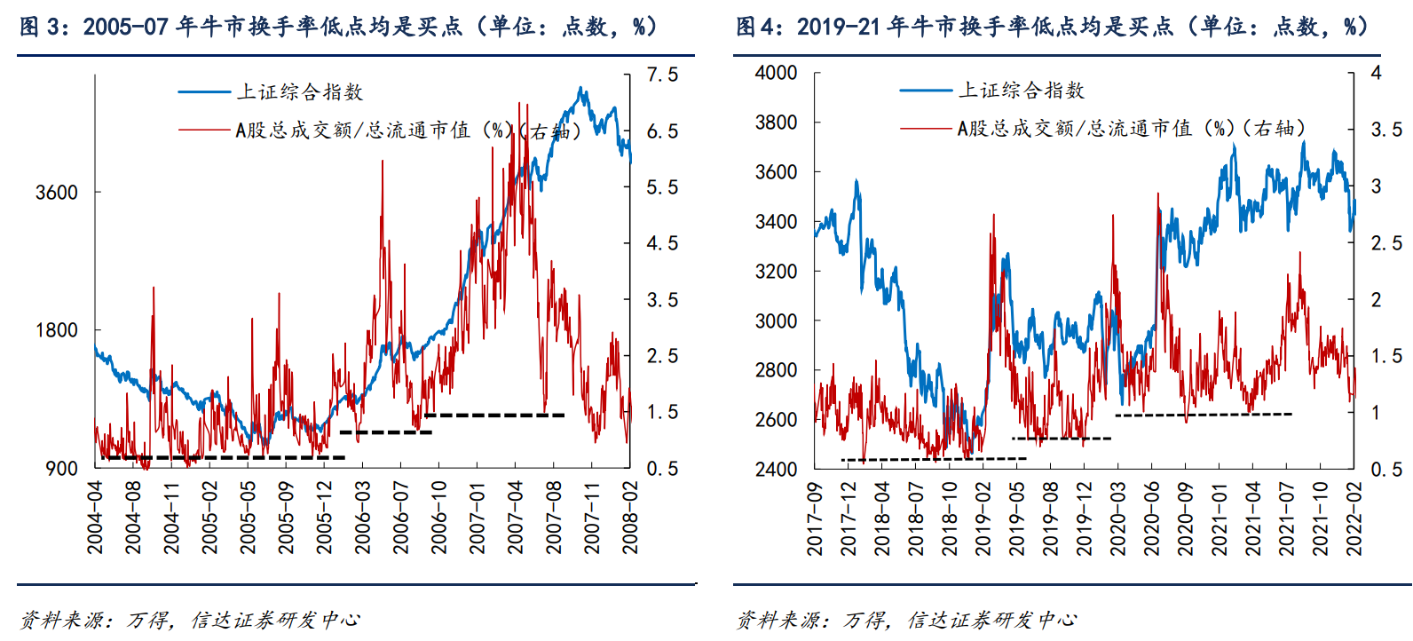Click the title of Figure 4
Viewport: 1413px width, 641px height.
click(1052, 27)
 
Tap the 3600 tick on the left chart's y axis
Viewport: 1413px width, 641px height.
click(57, 193)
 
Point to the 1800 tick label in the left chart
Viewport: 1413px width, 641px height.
click(57, 330)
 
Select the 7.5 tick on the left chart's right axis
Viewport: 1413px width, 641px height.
click(662, 75)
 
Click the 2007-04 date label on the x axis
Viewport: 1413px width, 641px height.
click(516, 518)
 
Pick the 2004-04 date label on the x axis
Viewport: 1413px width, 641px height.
click(95, 518)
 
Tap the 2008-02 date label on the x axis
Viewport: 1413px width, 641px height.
click(630, 518)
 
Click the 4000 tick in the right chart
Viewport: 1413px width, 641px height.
click(777, 73)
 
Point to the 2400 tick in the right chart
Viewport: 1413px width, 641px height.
click(777, 469)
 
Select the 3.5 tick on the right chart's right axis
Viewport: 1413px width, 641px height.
click(1386, 130)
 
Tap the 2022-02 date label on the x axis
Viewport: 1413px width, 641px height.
click(1354, 519)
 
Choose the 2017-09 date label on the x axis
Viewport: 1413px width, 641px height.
click(815, 519)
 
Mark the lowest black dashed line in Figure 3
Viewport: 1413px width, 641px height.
click(222, 457)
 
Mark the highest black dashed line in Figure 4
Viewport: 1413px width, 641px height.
click(1203, 414)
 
